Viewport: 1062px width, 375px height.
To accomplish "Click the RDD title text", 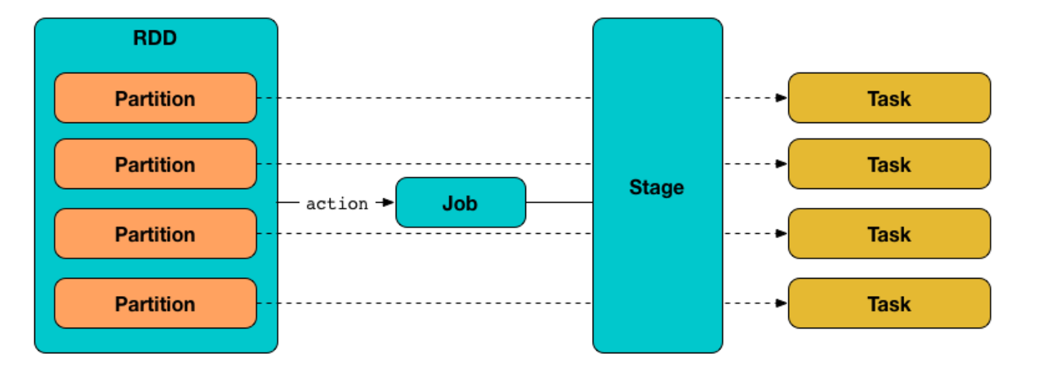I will coord(155,38).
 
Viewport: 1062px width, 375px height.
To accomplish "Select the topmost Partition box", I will coord(155,98).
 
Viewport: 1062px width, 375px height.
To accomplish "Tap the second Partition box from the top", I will coord(155,164).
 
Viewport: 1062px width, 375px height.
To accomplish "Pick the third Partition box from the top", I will coord(155,234).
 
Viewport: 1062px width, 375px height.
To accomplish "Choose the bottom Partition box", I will coord(155,303).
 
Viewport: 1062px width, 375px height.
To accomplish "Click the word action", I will coord(336,203).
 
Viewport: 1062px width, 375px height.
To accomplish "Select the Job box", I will coord(460,203).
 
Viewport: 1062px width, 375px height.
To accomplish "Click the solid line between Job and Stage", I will coord(559,203).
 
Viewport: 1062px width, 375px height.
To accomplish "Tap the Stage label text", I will coord(656,187).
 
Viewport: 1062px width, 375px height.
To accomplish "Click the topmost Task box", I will coord(888,98).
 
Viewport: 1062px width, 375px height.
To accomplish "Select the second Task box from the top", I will coord(888,164).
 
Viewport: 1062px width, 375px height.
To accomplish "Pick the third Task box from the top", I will coord(888,234).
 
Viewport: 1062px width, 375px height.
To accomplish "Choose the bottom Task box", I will coord(888,303).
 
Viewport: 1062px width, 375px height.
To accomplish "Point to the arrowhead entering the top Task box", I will coord(781,98).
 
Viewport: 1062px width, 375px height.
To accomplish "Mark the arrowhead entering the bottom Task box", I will coord(781,303).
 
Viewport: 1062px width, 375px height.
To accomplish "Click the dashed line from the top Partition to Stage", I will coord(425,98).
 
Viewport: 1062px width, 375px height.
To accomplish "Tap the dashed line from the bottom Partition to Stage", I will coord(425,303).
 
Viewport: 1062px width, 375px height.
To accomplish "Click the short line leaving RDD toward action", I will coord(288,203).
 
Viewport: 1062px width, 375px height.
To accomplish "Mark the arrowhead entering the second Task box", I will coord(781,164).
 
